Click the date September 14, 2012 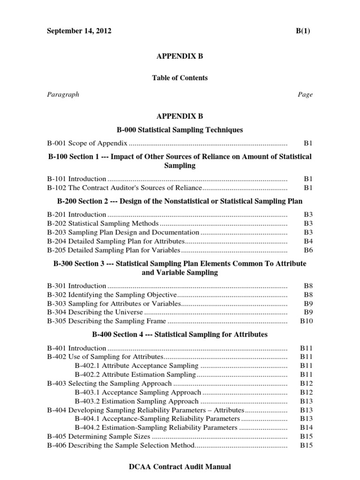pos(79,31)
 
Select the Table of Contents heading pos(180,78)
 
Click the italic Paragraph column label pos(63,94)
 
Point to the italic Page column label pos(305,94)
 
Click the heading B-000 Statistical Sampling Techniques pos(180,129)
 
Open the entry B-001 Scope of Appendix pos(87,143)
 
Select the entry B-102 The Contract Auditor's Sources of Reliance pos(124,187)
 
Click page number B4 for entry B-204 pos(308,241)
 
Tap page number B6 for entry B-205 pos(308,250)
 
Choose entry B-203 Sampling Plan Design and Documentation pos(123,232)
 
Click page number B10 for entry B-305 pos(307,321)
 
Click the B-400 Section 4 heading pos(180,335)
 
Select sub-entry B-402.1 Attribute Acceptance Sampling pos(136,366)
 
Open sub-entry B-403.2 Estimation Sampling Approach pos(136,401)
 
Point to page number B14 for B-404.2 pos(307,427)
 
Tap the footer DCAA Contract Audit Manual pos(180,467)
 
